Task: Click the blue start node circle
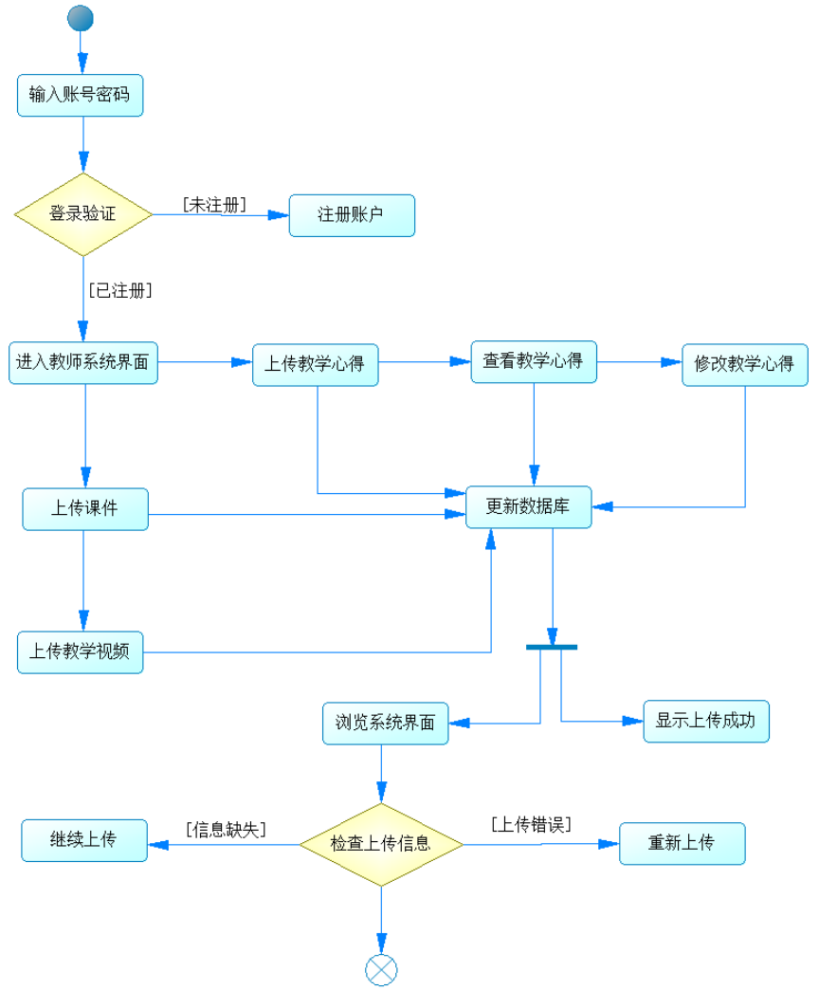(81, 17)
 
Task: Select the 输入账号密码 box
(81, 95)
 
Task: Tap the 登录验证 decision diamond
(83, 214)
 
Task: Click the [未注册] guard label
(214, 205)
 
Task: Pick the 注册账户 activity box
(352, 215)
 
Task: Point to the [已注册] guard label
(120, 291)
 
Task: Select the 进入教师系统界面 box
(83, 362)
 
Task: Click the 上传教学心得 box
(315, 364)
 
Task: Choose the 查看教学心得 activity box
(534, 361)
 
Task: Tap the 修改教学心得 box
(744, 364)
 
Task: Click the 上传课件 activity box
(85, 508)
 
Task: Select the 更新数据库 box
(528, 506)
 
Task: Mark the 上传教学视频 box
(80, 651)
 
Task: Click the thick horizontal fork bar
(552, 647)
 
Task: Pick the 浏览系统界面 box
(385, 723)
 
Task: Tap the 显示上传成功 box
(706, 721)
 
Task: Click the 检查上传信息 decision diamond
(381, 843)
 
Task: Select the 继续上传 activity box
(84, 840)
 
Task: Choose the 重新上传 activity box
(682, 843)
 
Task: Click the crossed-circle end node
(381, 969)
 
